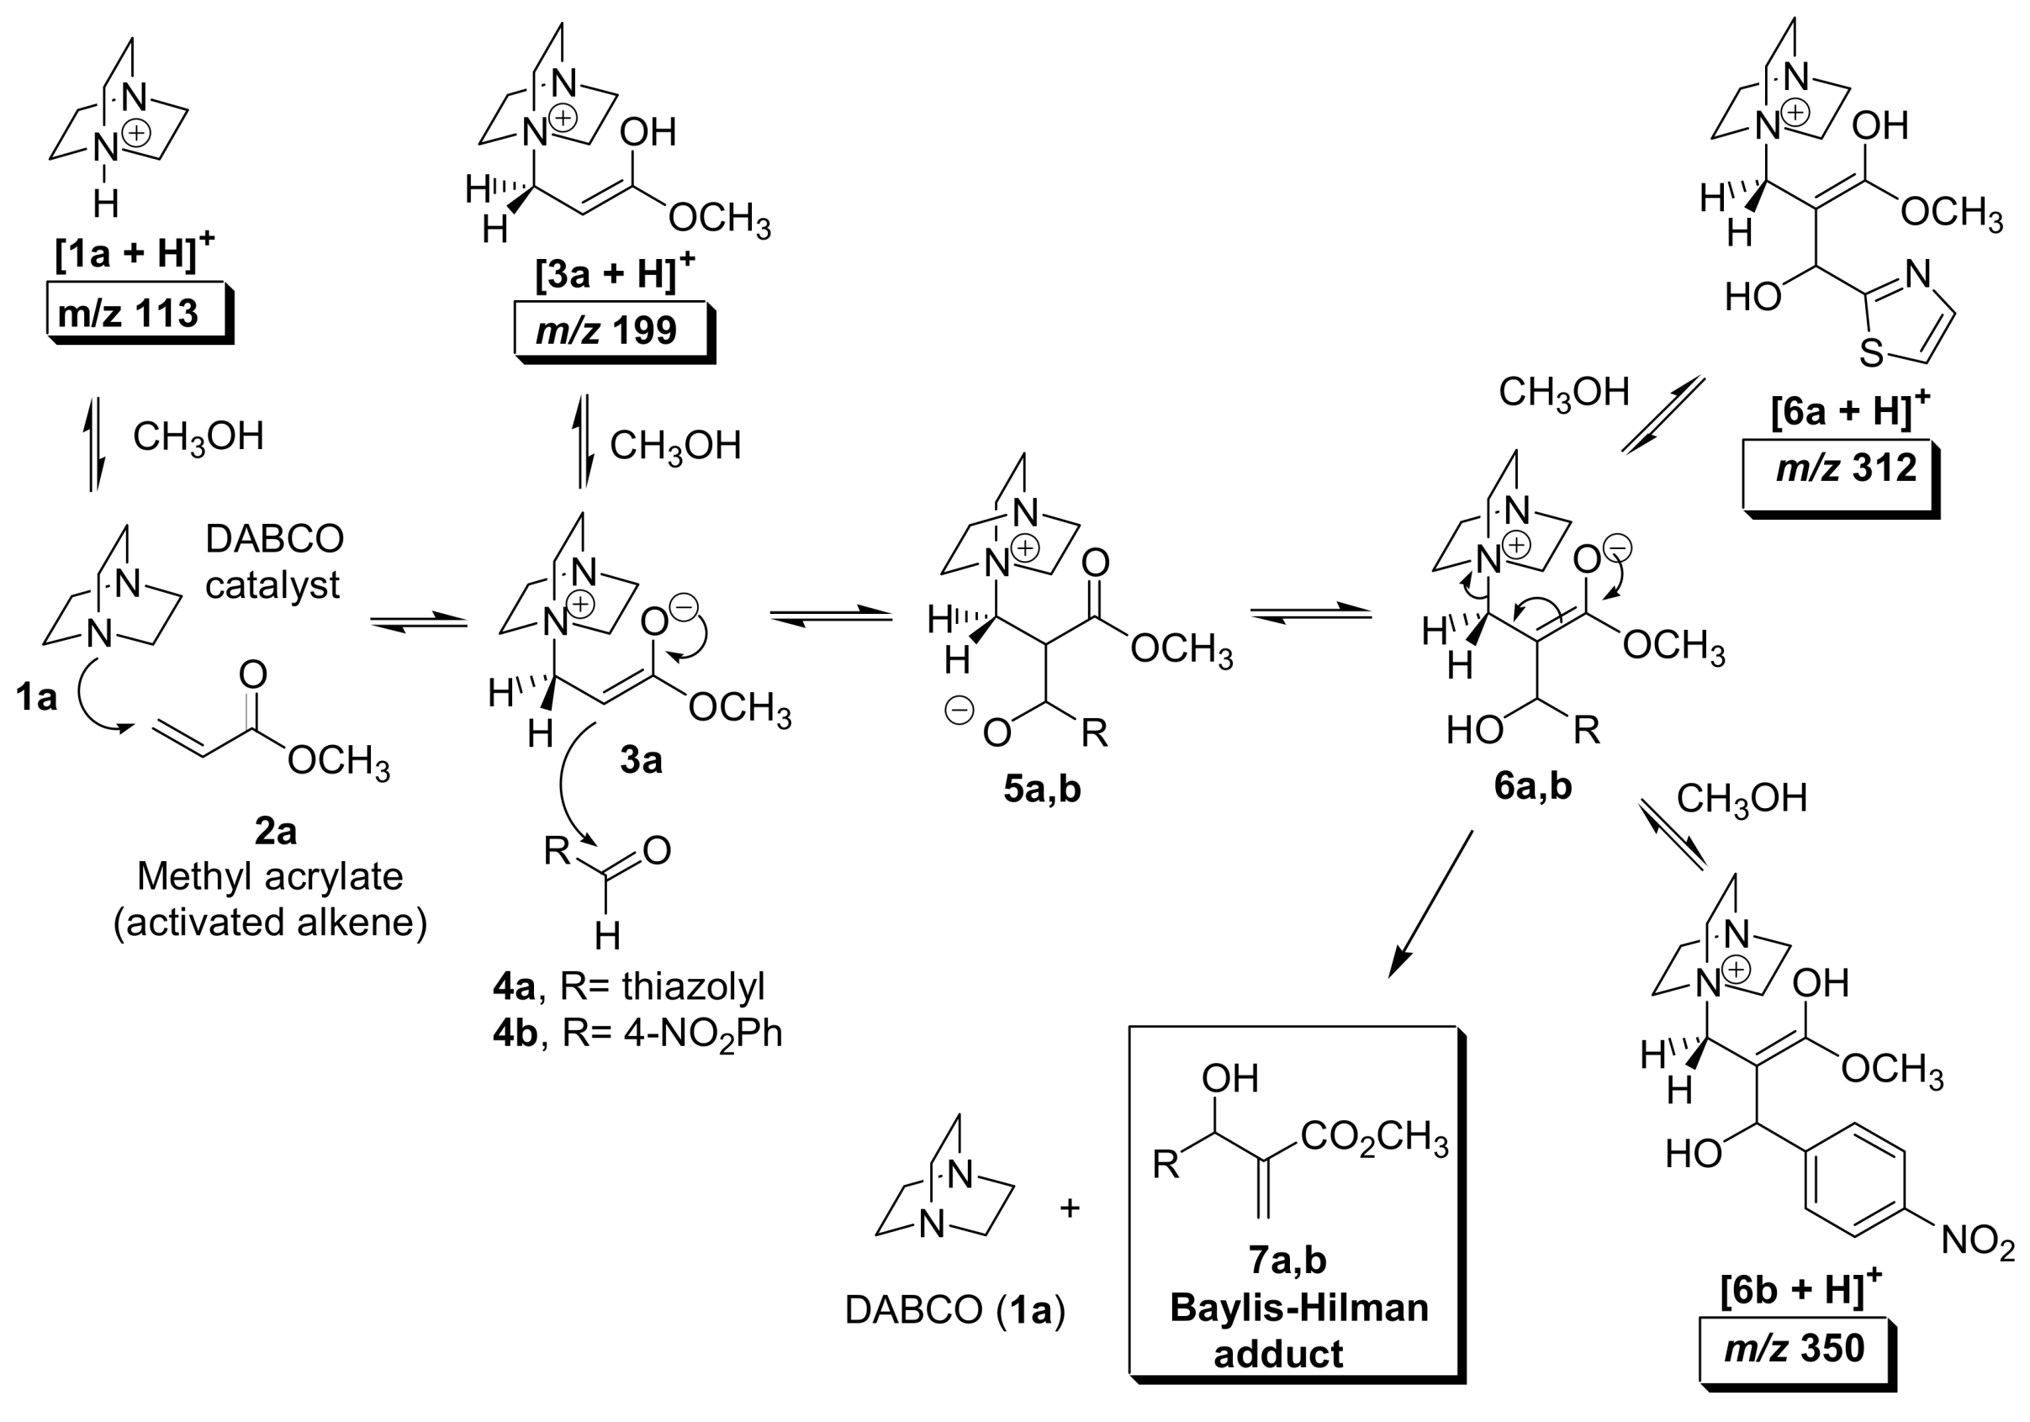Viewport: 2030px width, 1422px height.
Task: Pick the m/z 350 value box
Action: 1795,1348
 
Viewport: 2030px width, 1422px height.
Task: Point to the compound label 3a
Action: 640,759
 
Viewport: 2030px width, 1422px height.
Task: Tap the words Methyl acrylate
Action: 270,876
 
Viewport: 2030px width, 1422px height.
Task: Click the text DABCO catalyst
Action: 273,562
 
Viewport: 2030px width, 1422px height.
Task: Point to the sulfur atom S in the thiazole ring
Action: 1870,355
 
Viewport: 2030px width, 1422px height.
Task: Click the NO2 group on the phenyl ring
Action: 1978,1240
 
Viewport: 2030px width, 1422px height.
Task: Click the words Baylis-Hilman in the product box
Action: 1298,1307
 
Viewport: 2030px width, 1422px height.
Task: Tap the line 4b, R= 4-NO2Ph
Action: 637,1033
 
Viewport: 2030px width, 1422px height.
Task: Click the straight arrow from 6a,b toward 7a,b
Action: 1430,903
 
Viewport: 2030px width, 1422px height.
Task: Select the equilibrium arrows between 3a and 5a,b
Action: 831,616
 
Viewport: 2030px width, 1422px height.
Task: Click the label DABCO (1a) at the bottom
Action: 955,1309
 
